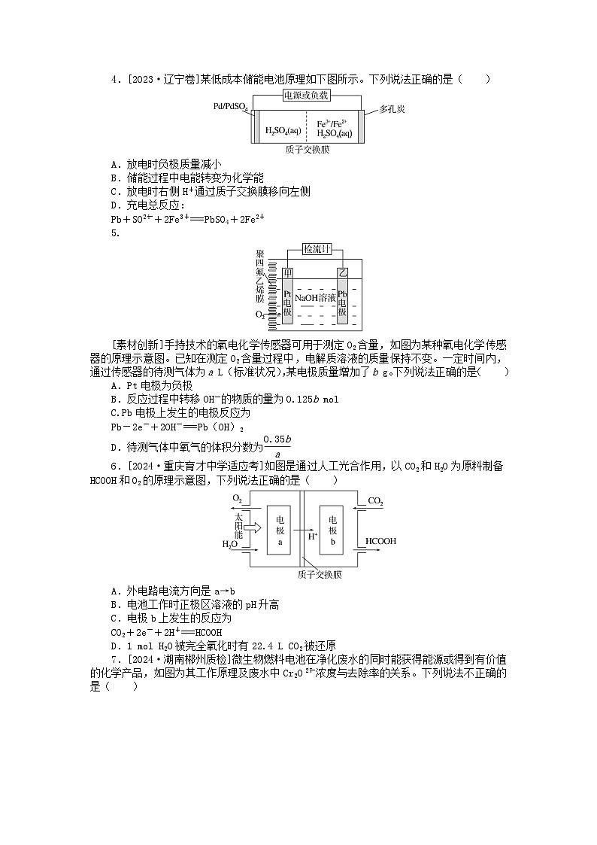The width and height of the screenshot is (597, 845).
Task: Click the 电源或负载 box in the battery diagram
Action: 306,96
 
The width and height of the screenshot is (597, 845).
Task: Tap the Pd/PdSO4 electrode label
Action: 230,108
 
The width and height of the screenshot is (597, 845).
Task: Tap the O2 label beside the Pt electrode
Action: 260,314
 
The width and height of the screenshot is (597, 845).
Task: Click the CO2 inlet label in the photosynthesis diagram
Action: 375,500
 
